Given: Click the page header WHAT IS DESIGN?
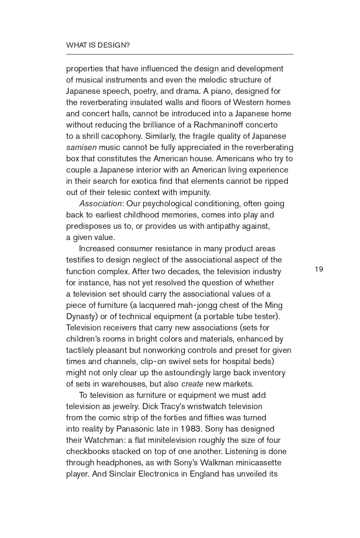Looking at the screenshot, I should [98, 45].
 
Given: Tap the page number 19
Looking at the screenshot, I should [319, 269].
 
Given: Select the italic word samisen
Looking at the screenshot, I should [81, 147].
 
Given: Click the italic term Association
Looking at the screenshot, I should [100, 204].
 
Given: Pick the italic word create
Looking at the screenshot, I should [192, 384].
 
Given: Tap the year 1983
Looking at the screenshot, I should [191, 429].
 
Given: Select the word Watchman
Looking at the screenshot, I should [108, 440].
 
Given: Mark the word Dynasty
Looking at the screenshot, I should [80, 317].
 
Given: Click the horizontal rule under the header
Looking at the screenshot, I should [179, 54].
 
